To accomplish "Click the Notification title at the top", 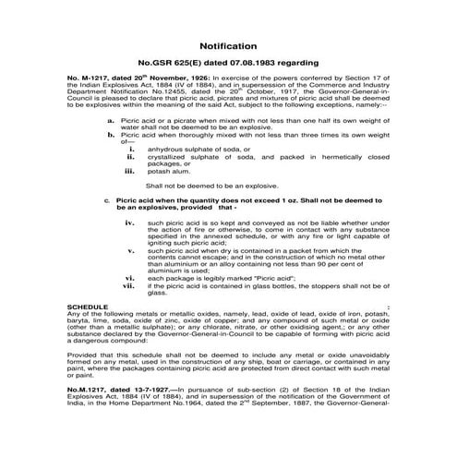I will pyautogui.click(x=228, y=44).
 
